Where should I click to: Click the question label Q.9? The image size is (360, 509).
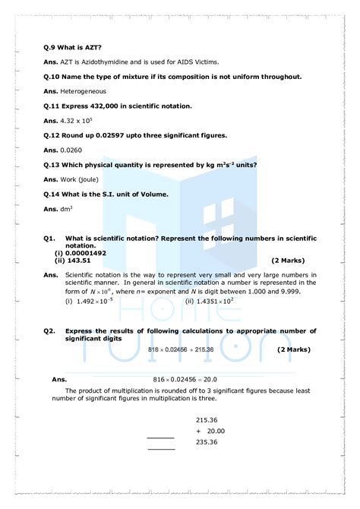(x=52, y=47)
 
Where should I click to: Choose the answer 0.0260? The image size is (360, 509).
(x=72, y=150)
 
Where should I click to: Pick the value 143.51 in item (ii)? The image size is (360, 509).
(x=81, y=260)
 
